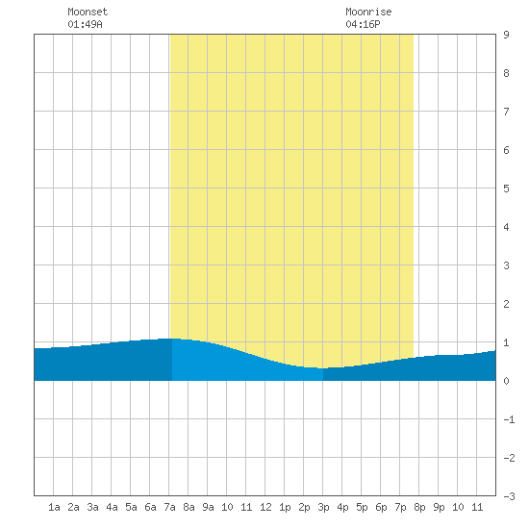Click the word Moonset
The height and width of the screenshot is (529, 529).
pos(88,12)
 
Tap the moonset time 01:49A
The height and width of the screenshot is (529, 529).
pos(85,24)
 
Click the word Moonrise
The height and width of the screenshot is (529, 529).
pos(368,12)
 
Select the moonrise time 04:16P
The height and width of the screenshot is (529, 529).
pos(363,24)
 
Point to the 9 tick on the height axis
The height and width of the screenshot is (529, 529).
pos(506,35)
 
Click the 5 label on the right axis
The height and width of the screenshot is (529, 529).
pos(506,189)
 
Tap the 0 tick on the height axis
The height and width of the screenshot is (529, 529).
pos(506,381)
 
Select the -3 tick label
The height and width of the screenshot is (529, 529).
pos(509,496)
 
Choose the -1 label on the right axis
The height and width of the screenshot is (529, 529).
pos(509,419)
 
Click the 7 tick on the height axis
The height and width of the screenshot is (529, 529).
pos(506,112)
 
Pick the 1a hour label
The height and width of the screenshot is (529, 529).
pos(54,507)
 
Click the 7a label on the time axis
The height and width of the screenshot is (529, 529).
pos(169,507)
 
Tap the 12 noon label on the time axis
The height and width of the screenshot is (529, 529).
pos(265,507)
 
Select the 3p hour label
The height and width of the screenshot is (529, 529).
pos(323,507)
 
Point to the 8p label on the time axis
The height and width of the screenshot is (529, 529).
pos(419,507)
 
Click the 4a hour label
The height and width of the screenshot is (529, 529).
pos(112,507)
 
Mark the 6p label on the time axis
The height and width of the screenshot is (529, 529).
pos(381,507)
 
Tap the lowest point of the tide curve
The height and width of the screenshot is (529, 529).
pos(323,368)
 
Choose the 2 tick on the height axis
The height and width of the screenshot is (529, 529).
pos(506,304)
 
